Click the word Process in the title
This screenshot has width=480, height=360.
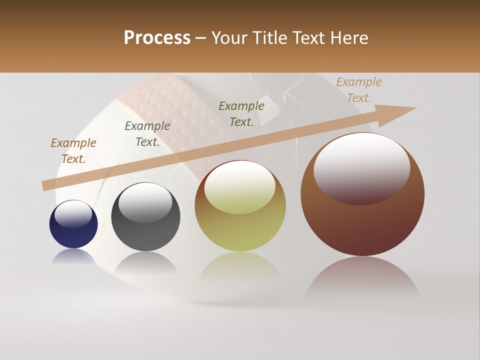tap(157, 37)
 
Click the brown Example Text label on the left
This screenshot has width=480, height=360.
tap(73, 151)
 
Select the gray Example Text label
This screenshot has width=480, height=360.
tap(147, 134)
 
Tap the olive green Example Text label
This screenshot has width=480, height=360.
tap(241, 113)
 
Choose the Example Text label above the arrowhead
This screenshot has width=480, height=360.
tap(358, 90)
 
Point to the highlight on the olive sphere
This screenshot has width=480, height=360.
tap(240, 186)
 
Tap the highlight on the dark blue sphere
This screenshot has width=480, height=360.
tap(73, 214)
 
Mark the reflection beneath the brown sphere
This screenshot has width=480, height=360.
tap(362, 277)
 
